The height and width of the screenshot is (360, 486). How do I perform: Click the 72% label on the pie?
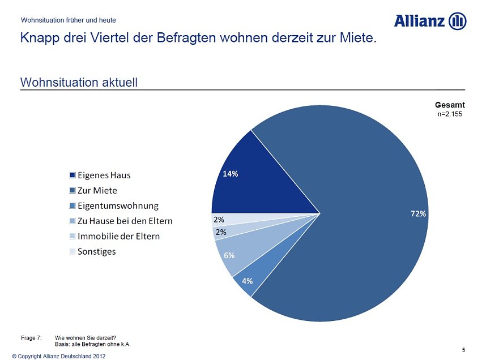coord(418,213)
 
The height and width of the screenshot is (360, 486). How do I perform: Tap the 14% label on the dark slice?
coord(230,174)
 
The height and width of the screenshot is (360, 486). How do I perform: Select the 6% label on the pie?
coord(229,255)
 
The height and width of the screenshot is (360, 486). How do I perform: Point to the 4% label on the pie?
coord(248,281)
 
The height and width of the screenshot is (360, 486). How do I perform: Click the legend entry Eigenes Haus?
coord(104,174)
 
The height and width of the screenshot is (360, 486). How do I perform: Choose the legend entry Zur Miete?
coord(97,190)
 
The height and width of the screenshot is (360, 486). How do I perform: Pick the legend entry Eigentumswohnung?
coord(118,205)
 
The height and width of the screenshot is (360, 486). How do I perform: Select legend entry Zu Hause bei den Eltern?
coord(125,220)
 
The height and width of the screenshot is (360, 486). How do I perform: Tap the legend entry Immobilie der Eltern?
coord(118,235)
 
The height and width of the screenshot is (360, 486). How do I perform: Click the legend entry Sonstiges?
coord(96,251)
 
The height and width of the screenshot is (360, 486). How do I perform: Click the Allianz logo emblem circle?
coord(457,22)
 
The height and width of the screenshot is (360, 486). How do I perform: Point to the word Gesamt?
coord(450,105)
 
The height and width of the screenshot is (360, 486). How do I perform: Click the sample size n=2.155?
coord(450,114)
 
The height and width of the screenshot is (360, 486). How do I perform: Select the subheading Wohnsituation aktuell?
coord(79,83)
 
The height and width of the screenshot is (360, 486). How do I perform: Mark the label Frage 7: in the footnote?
coord(31,337)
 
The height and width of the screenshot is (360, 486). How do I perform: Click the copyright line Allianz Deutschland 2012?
coord(58,356)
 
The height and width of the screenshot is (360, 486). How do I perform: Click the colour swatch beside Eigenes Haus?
coord(73,175)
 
